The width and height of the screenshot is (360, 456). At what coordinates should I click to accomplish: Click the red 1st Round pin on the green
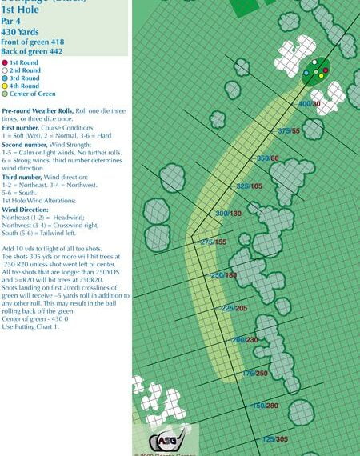(326, 70)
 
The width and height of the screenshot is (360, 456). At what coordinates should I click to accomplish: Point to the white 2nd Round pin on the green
(316, 62)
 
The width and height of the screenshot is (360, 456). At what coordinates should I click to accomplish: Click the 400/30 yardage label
(310, 104)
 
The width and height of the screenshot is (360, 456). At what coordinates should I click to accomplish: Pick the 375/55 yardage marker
(289, 131)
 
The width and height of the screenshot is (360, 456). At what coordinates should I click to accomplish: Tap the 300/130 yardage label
(228, 214)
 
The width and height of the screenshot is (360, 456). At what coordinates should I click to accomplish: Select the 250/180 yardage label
(223, 275)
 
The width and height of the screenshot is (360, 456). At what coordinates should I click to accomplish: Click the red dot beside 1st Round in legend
(6, 62)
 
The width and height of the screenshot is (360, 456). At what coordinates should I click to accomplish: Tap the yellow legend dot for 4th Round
(6, 86)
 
